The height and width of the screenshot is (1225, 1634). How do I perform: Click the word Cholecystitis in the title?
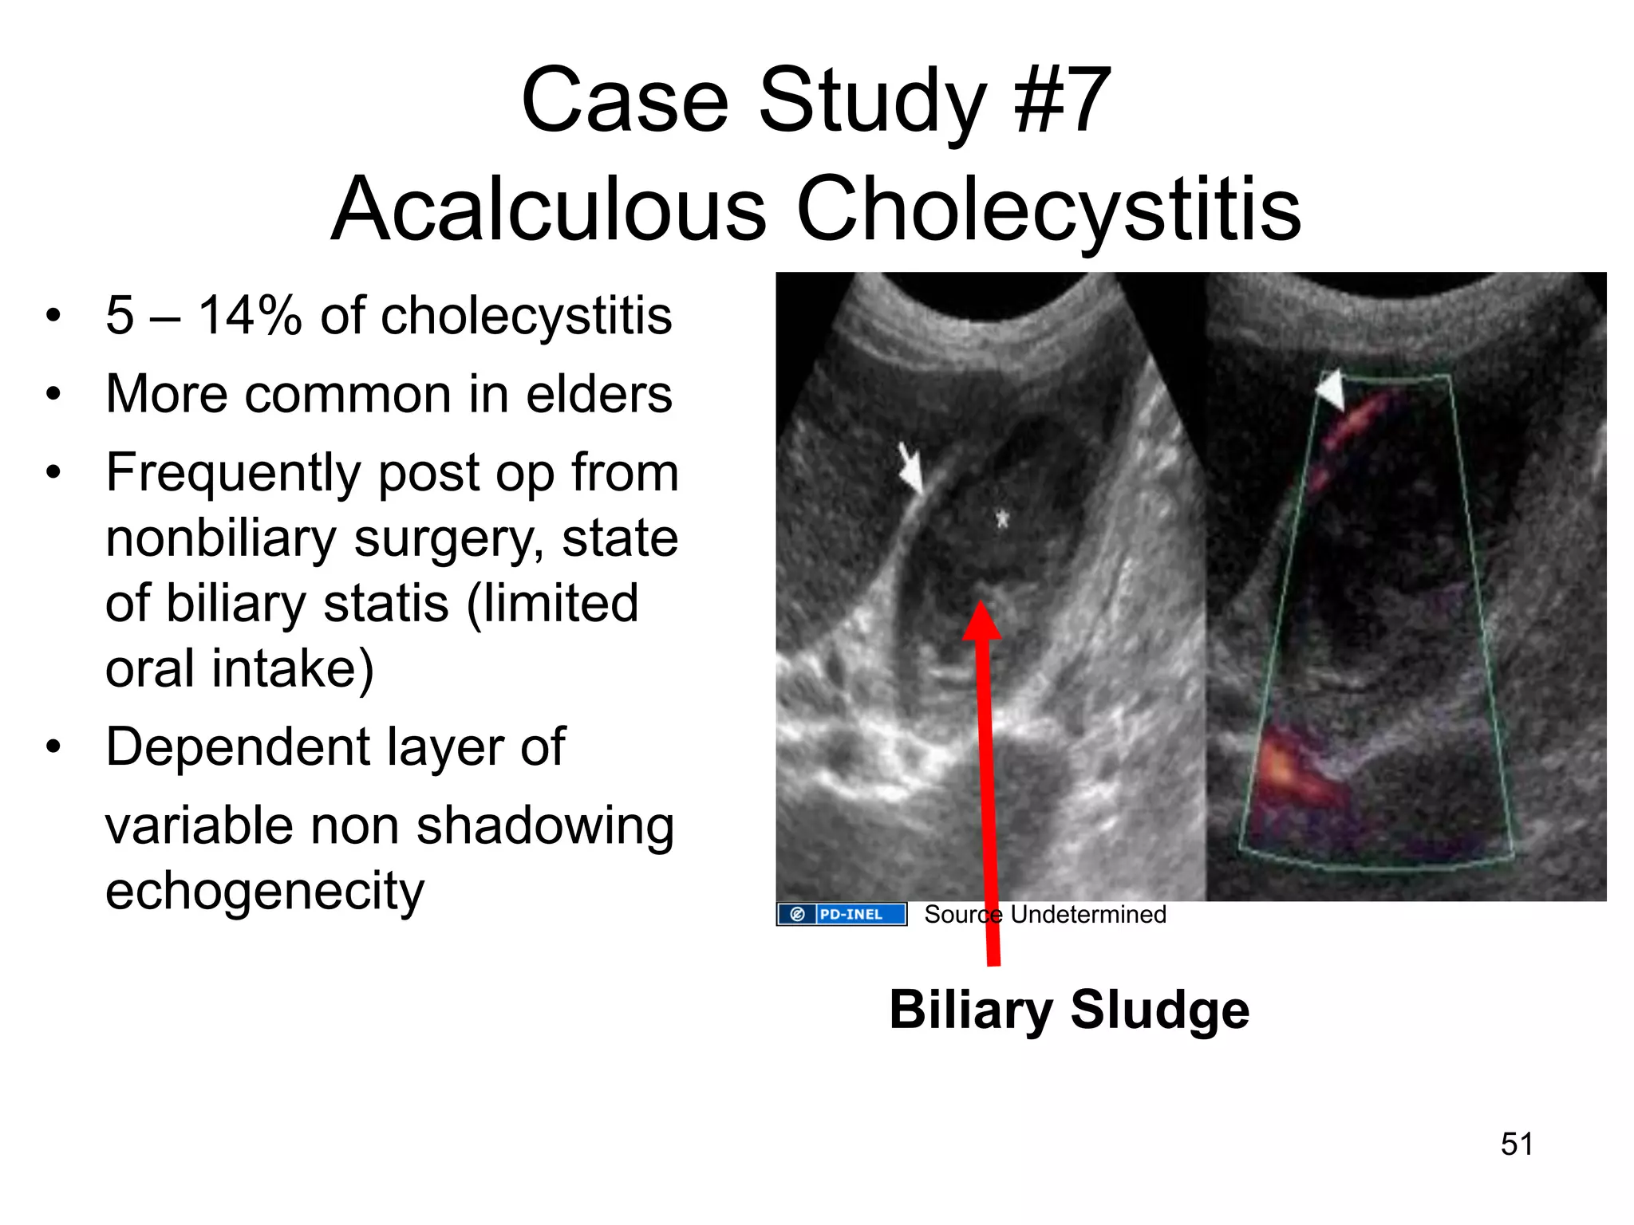1048,209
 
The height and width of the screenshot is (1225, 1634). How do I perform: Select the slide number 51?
1517,1144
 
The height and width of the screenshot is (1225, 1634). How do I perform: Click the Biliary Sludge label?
1069,1010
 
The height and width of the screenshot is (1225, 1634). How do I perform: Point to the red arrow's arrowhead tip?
981,606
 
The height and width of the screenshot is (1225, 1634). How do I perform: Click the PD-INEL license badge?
842,914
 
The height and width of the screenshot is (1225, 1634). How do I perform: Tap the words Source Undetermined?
1044,914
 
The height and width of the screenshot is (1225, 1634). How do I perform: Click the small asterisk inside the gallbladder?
1002,519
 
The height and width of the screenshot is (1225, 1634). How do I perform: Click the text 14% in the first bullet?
250,316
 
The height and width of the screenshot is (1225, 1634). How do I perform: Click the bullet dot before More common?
53,394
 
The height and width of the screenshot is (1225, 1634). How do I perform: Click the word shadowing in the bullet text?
545,825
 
